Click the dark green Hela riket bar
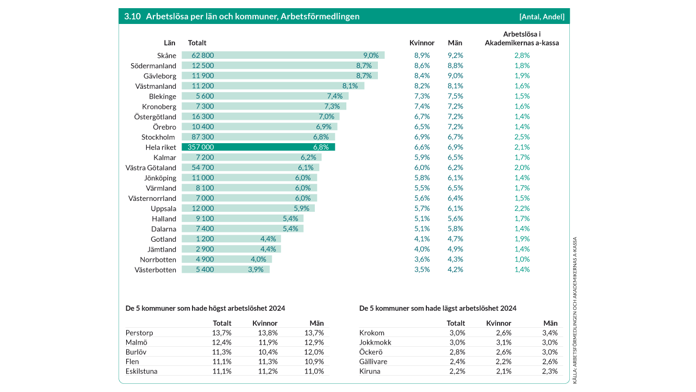(258, 147)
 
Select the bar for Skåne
(283, 55)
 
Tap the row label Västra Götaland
(151, 168)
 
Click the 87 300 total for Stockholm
(203, 137)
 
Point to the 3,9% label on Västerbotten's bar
(256, 269)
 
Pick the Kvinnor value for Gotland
(422, 239)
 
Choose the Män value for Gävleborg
(455, 76)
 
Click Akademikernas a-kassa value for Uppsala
(522, 209)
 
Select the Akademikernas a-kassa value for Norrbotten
(522, 260)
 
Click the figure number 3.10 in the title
(132, 16)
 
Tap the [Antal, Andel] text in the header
(542, 16)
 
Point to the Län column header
(170, 42)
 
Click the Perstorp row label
(139, 333)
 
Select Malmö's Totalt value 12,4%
(222, 342)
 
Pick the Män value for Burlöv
(314, 352)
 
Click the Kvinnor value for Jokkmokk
(504, 342)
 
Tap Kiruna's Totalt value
(457, 371)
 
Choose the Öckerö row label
(371, 352)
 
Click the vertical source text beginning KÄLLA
(575, 310)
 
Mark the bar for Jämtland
(231, 249)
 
